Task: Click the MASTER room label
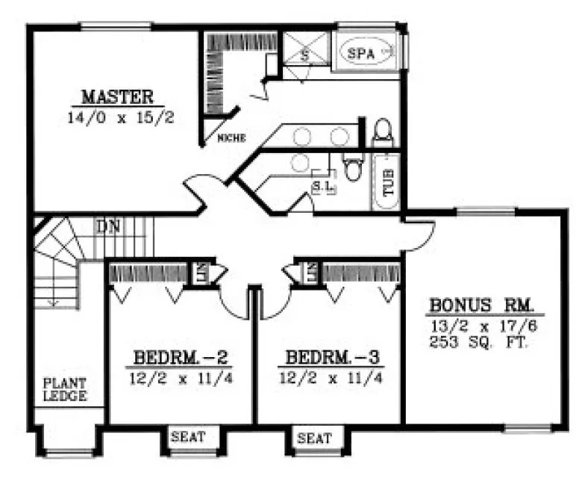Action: [117, 97]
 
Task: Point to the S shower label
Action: [304, 55]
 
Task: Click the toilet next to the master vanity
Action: [383, 134]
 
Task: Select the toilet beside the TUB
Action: [352, 168]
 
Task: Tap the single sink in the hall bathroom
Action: [300, 161]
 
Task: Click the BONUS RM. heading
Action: [480, 306]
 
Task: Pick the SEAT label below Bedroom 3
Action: [313, 438]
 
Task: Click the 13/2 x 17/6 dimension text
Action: [480, 326]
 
